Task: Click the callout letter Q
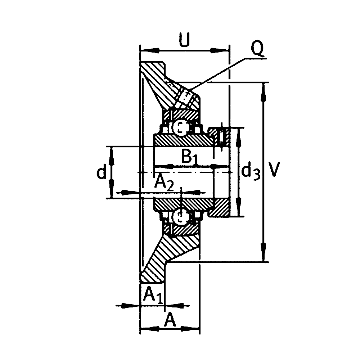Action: [x=257, y=49]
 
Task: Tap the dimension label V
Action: [x=274, y=169]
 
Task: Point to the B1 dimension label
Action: [x=189, y=157]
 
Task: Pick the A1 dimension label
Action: [x=153, y=295]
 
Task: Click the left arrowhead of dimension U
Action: [x=150, y=50]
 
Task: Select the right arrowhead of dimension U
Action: [x=220, y=50]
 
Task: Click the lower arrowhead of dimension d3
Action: [x=239, y=206]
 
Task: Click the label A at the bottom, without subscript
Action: [x=170, y=320]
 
